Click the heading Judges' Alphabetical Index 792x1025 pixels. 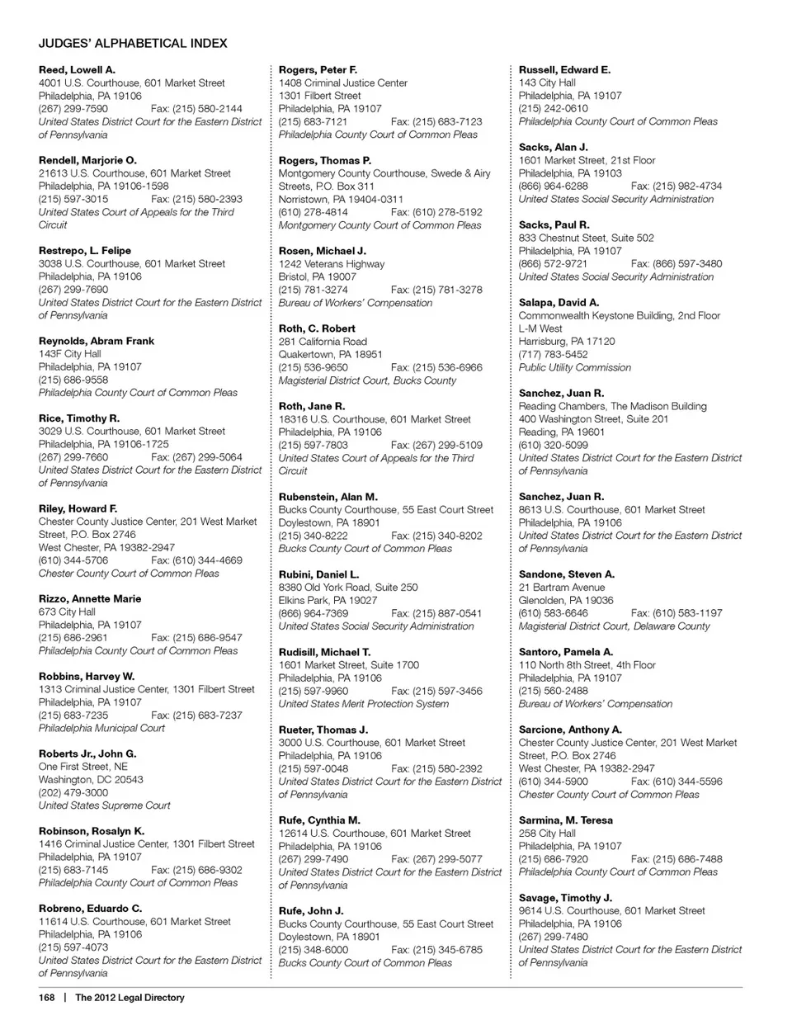tap(133, 43)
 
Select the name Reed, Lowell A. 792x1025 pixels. tap(77, 70)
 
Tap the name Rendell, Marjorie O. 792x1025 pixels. tap(87, 160)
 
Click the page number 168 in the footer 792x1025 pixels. tap(46, 998)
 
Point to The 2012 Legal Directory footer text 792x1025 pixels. tap(130, 998)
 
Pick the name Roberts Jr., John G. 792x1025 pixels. tap(87, 754)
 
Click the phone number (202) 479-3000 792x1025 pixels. tap(73, 792)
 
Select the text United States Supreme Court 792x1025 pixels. tap(104, 805)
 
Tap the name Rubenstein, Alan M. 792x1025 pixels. tap(328, 497)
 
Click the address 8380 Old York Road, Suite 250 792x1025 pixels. tap(348, 588)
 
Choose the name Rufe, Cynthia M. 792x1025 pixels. tap(319, 820)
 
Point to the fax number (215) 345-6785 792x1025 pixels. tap(436, 950)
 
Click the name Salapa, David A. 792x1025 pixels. tap(559, 303)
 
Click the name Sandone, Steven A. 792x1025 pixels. tap(566, 574)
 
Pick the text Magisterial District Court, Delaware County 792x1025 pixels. tap(614, 626)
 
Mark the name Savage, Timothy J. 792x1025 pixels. tap(565, 898)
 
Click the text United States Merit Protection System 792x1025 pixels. tap(364, 704)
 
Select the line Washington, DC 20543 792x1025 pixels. tap(91, 780)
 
